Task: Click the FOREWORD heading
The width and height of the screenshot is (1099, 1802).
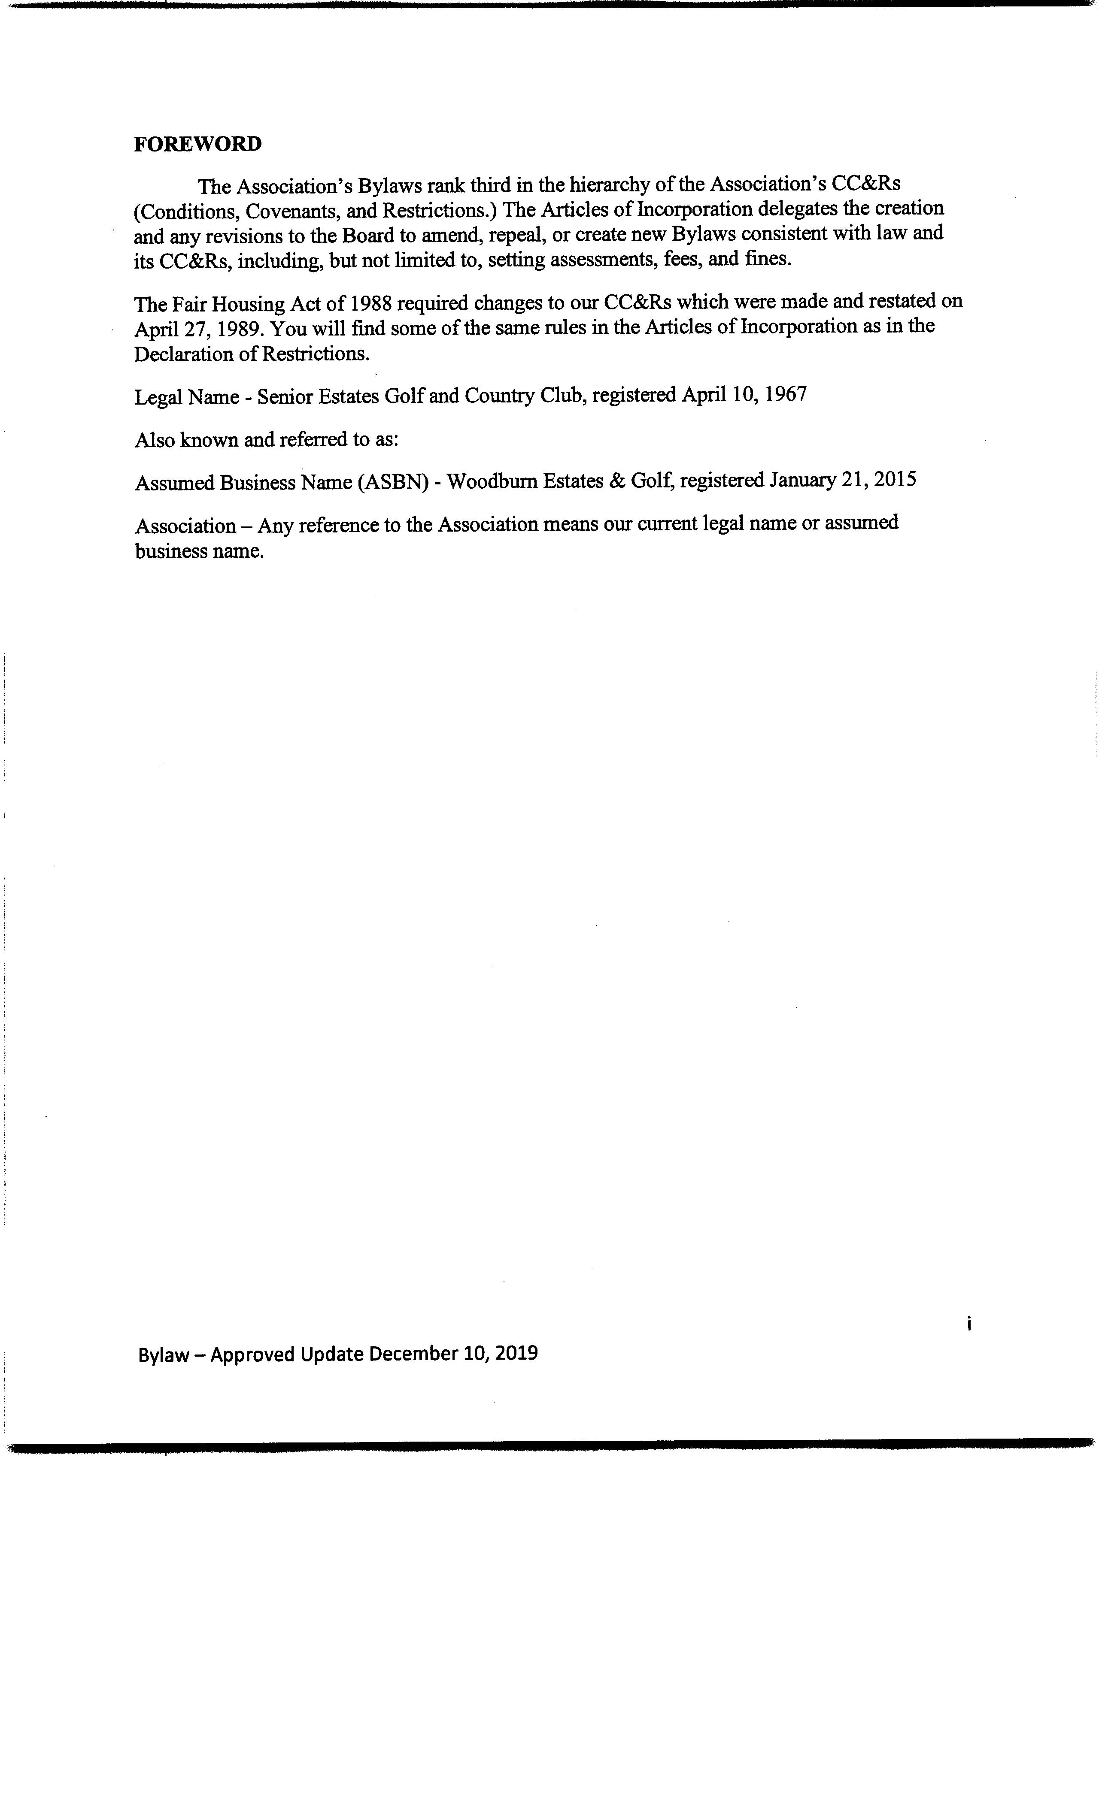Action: tap(197, 144)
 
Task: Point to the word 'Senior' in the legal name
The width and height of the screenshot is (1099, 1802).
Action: tap(285, 396)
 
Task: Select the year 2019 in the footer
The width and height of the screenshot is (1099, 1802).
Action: tap(516, 1353)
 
